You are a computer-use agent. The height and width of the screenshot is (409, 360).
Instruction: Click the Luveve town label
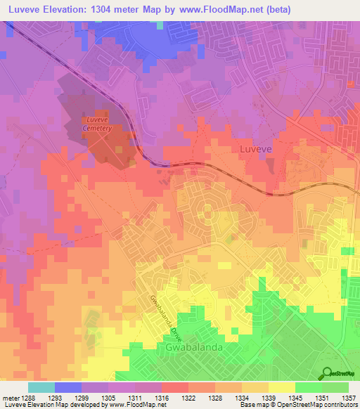(255, 150)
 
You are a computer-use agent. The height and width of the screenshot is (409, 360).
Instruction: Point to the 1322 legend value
(188, 397)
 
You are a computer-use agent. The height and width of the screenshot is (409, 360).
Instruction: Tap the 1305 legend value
(108, 397)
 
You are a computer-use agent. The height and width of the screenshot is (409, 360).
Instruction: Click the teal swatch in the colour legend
(41, 387)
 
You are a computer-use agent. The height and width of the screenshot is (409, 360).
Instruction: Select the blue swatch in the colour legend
(67, 387)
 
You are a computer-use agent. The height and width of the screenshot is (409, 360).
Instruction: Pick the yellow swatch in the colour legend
(281, 387)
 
